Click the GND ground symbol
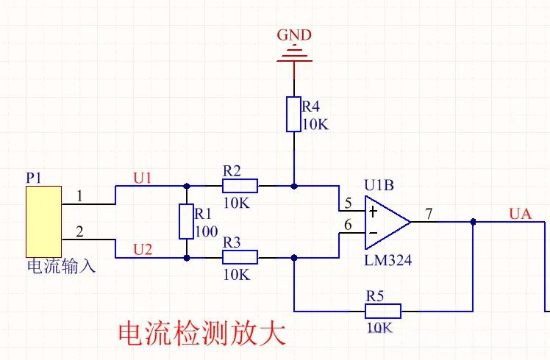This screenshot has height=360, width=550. click(294, 55)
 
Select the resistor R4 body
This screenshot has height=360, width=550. click(293, 115)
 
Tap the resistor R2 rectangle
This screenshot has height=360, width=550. click(240, 186)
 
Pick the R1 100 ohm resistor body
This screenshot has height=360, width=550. click(186, 222)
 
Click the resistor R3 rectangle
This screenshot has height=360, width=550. click(240, 257)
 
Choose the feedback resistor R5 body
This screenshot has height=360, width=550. click(383, 311)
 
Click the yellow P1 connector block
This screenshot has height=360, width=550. click(44, 222)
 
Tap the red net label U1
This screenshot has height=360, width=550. click(143, 179)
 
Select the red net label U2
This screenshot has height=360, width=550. click(143, 250)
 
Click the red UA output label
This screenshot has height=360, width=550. click(520, 214)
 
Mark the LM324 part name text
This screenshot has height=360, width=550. click(388, 260)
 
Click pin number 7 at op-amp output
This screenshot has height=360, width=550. click(429, 214)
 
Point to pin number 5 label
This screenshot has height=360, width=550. click(348, 203)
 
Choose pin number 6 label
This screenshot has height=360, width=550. click(348, 225)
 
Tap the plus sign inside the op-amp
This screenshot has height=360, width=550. click(373, 212)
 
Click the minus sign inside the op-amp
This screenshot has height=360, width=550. click(374, 233)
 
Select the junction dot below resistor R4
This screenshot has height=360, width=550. click(294, 186)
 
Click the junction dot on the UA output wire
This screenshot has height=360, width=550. click(473, 222)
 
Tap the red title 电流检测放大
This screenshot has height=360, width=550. click(201, 333)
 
